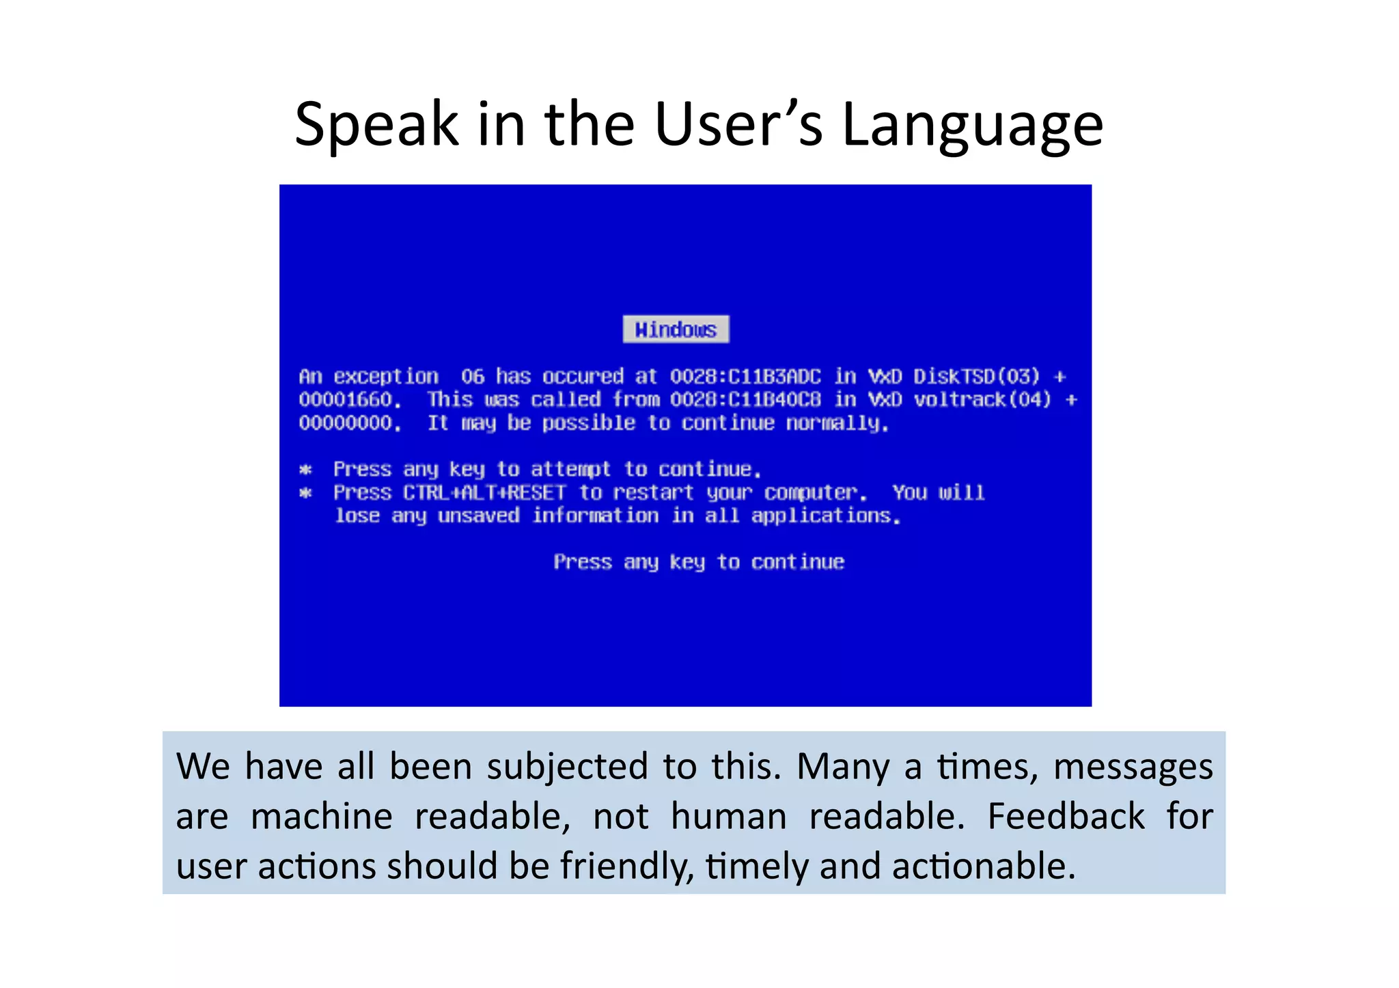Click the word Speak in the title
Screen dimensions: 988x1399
(x=376, y=125)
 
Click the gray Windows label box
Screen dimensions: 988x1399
(x=676, y=330)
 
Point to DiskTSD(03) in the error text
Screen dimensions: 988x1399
(x=976, y=376)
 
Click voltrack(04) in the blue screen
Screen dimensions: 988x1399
(x=982, y=399)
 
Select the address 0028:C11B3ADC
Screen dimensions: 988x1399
(x=745, y=376)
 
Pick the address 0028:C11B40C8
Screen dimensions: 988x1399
(x=745, y=399)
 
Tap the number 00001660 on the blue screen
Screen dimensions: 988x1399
(x=346, y=399)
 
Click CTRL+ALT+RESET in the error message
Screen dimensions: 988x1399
(x=484, y=492)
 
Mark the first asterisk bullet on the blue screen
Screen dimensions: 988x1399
(x=306, y=470)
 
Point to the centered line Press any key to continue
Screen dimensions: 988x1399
(x=699, y=562)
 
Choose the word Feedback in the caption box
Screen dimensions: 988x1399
(x=1066, y=816)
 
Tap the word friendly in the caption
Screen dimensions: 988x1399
(x=627, y=866)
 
